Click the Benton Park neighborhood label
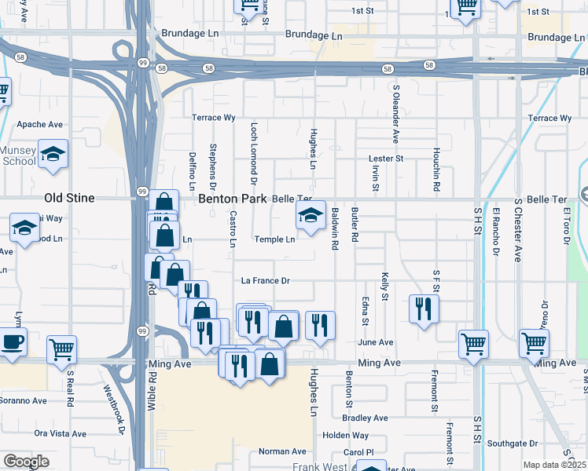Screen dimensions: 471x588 pyautogui.click(x=233, y=199)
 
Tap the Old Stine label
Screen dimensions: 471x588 pyautogui.click(x=69, y=199)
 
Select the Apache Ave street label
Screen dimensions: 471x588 pyautogui.click(x=39, y=125)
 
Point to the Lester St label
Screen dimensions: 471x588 pyautogui.click(x=386, y=159)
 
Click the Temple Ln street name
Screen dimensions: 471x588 pyautogui.click(x=274, y=239)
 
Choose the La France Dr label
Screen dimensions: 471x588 pyautogui.click(x=265, y=281)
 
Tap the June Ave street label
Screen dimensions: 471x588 pyautogui.click(x=375, y=342)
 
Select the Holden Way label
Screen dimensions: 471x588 pyautogui.click(x=345, y=435)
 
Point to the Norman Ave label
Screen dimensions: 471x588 pyautogui.click(x=282, y=451)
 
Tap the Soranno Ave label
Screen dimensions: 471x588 pyautogui.click(x=24, y=400)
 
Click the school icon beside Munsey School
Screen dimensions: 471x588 pyautogui.click(x=53, y=153)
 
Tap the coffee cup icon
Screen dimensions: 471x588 pyautogui.click(x=13, y=342)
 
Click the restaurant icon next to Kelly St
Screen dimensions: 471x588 pyautogui.click(x=424, y=308)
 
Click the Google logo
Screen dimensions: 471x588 pyautogui.click(x=26, y=462)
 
